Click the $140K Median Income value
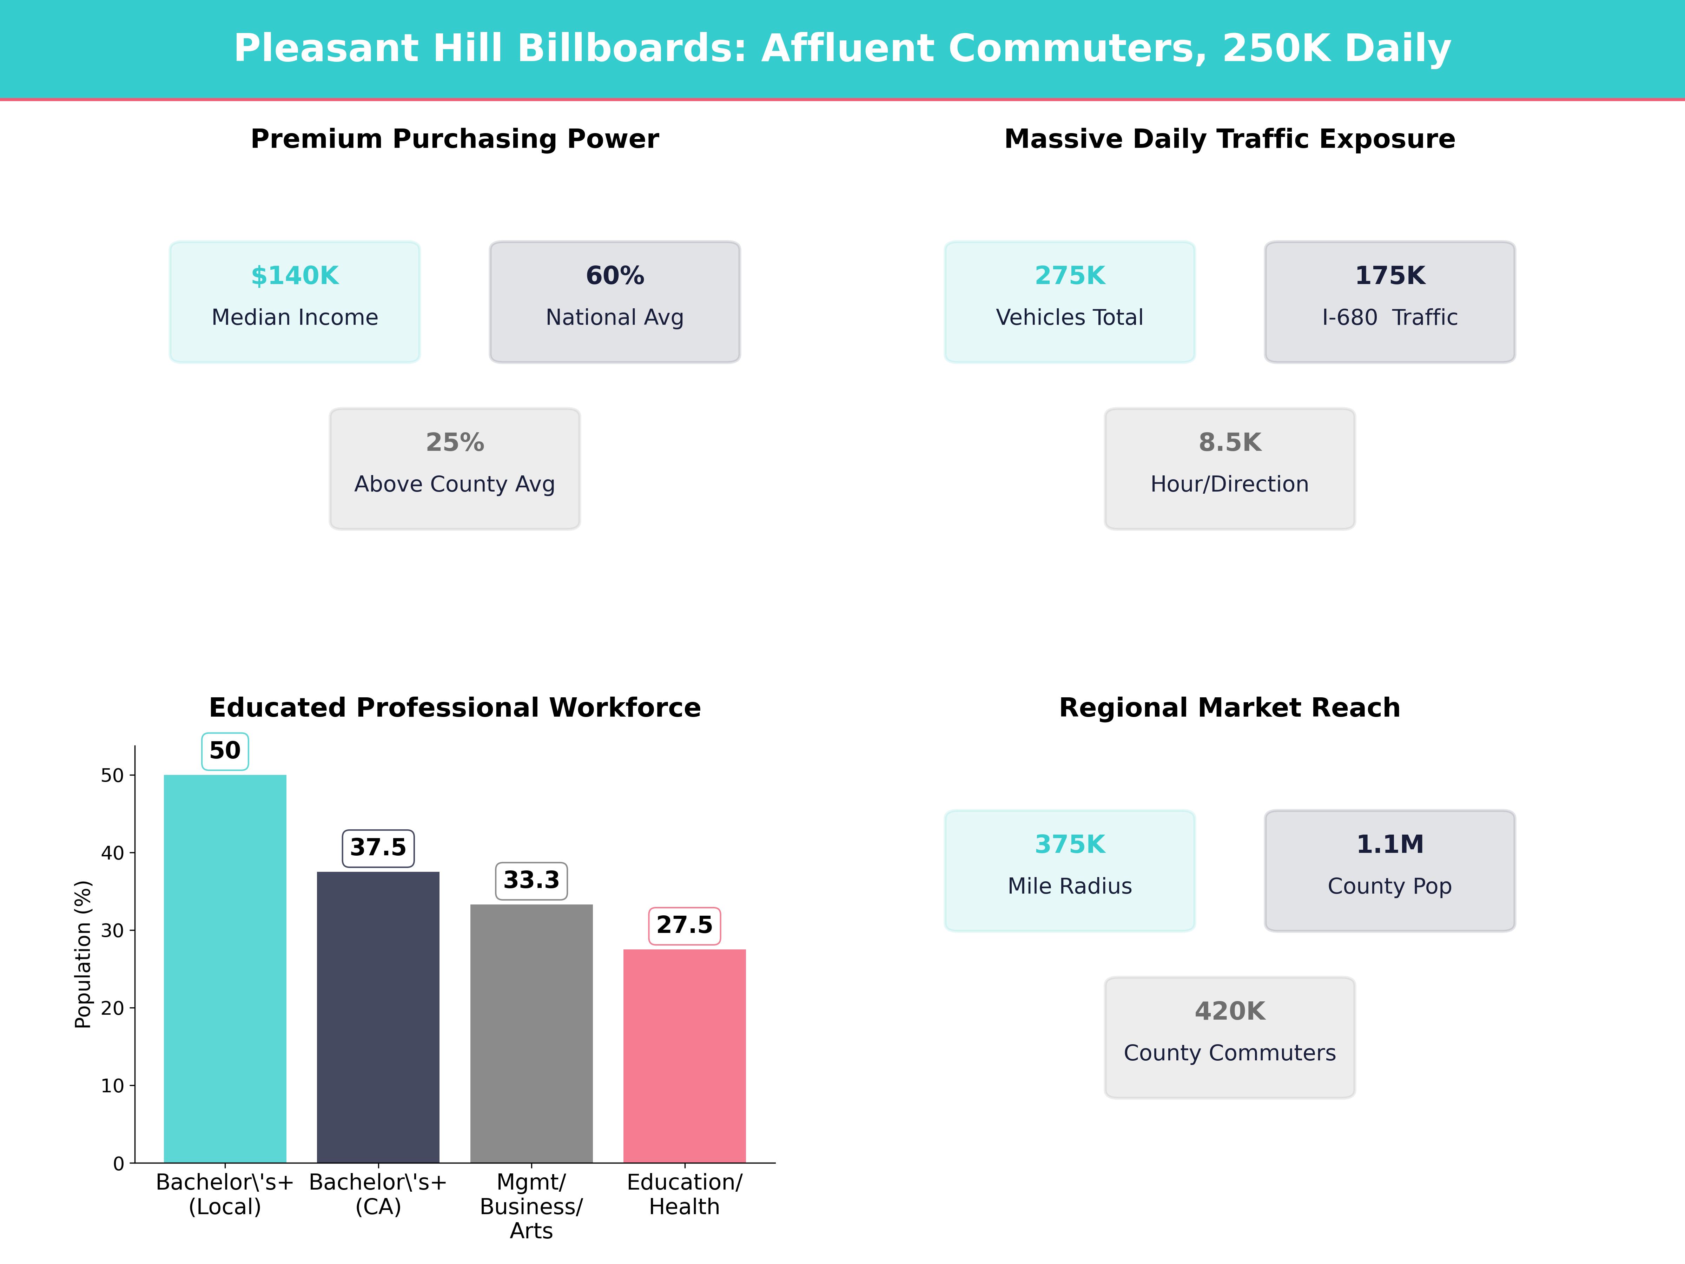pyautogui.click(x=295, y=276)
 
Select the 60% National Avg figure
pyautogui.click(x=615, y=276)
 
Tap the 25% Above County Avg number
pyautogui.click(x=455, y=443)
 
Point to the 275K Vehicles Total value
pyautogui.click(x=1070, y=276)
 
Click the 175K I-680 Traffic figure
pyautogui.click(x=1389, y=276)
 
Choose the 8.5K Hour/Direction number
pyautogui.click(x=1229, y=443)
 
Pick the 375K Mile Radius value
pyautogui.click(x=1070, y=844)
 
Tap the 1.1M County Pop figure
pyautogui.click(x=1389, y=844)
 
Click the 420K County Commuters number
pyautogui.click(x=1229, y=1011)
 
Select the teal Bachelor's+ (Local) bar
pyautogui.click(x=225, y=968)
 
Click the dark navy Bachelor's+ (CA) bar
pyautogui.click(x=378, y=1017)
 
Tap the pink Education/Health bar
pyautogui.click(x=684, y=1055)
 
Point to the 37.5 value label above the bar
pyautogui.click(x=378, y=847)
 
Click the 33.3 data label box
pyautogui.click(x=531, y=881)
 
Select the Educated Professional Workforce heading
pyautogui.click(x=455, y=708)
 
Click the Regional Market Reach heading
pyautogui.click(x=1229, y=708)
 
